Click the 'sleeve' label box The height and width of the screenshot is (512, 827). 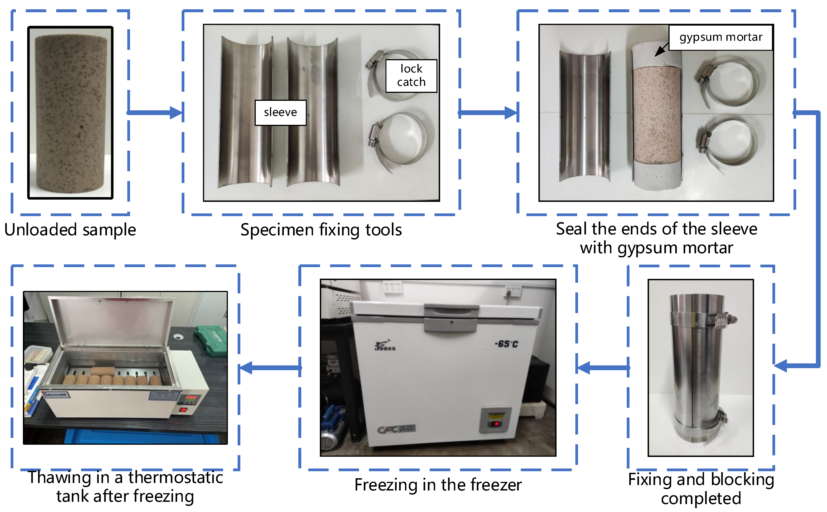click(x=280, y=112)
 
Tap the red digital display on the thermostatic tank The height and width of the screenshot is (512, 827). click(x=190, y=397)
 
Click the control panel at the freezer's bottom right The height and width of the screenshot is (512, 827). click(x=495, y=420)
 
